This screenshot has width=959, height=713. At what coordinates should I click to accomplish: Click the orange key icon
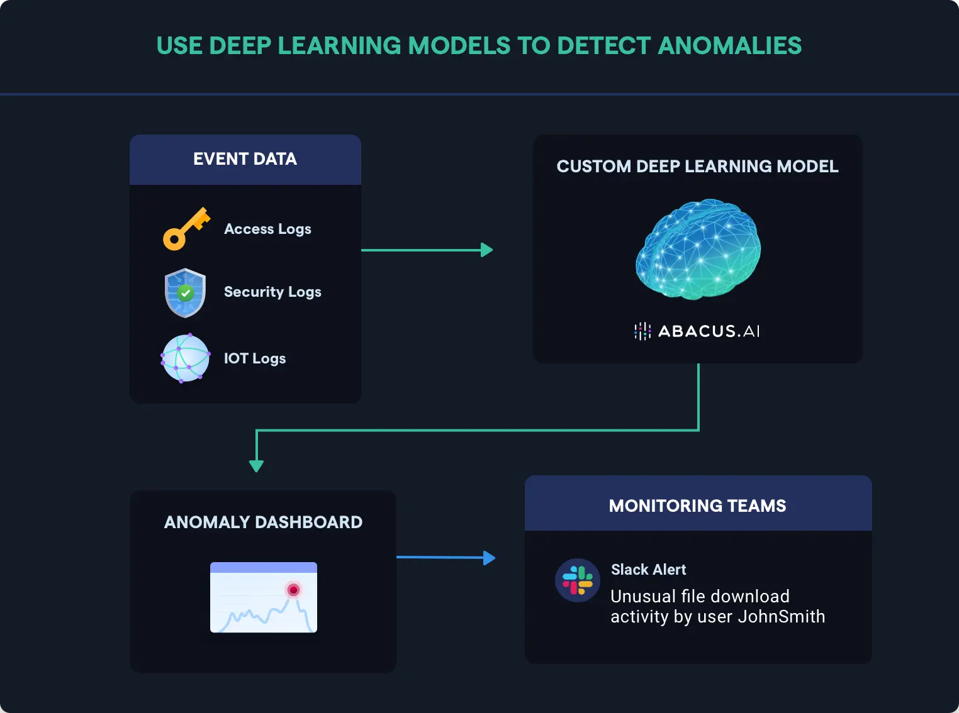[186, 229]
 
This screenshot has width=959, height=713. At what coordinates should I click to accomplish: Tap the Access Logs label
[267, 229]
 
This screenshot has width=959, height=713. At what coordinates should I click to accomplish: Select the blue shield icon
[185, 293]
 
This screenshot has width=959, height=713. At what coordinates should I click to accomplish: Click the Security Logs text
[272, 292]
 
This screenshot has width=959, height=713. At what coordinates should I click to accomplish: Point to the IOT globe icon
[185, 358]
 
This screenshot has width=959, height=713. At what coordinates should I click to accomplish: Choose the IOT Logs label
[255, 358]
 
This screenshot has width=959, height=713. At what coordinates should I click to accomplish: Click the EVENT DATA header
[245, 159]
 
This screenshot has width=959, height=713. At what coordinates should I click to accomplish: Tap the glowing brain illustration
[698, 249]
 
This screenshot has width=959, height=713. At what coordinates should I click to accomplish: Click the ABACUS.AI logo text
[709, 331]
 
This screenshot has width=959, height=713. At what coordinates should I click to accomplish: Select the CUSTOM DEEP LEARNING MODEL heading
[697, 167]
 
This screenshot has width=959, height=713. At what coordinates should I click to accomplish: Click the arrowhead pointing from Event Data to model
[486, 250]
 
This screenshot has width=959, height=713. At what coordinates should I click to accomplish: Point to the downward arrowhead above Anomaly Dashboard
[256, 465]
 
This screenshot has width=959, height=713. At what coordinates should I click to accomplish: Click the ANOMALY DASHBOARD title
[263, 522]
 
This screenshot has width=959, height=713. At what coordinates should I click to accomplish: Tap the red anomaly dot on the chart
[293, 590]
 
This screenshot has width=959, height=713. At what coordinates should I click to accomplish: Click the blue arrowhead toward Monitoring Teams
[489, 558]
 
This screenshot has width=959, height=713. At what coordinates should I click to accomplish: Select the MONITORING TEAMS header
[697, 506]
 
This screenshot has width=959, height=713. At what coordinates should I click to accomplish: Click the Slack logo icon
[577, 580]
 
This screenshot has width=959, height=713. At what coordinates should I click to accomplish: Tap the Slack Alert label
[648, 570]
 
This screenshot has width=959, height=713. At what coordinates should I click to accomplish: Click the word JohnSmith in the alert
[781, 617]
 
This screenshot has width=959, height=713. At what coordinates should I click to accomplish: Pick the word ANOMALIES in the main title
[730, 46]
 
